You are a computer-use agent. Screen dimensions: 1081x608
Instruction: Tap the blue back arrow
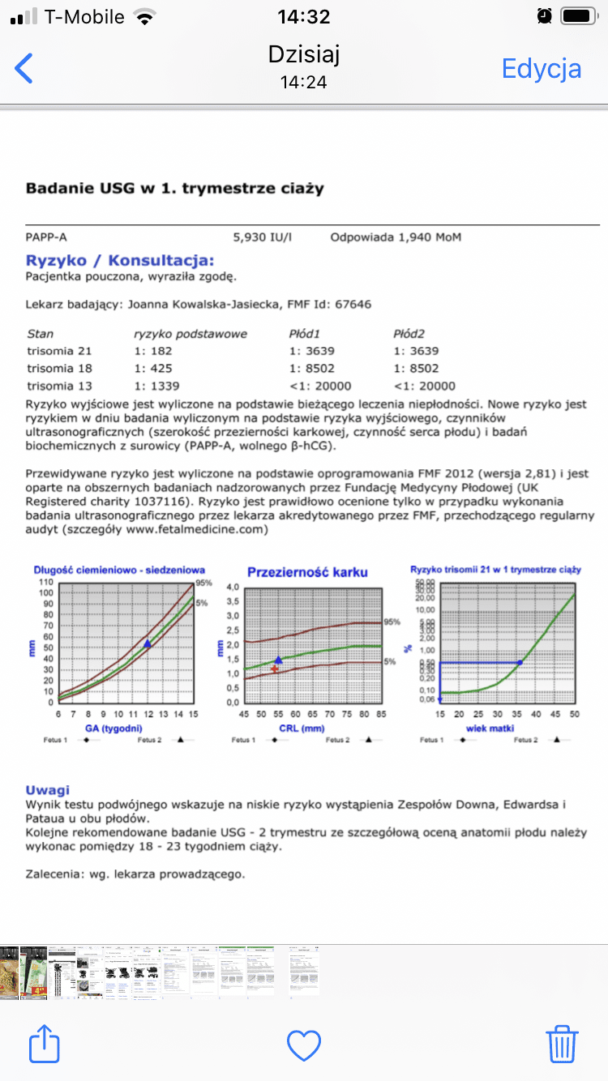pyautogui.click(x=24, y=68)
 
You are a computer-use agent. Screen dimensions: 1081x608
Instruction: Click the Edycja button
pyautogui.click(x=542, y=68)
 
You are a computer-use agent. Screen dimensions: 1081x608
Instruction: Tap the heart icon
pyautogui.click(x=304, y=1045)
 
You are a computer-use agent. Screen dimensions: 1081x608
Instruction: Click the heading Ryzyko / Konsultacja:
pyautogui.click(x=120, y=260)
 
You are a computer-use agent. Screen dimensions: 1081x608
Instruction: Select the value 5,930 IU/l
pyautogui.click(x=263, y=237)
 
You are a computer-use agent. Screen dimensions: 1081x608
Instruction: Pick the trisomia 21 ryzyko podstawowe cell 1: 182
pyautogui.click(x=153, y=351)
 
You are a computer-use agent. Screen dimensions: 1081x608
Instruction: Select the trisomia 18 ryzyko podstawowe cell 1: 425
pyautogui.click(x=153, y=369)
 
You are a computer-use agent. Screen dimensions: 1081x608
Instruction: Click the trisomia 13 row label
pyautogui.click(x=59, y=386)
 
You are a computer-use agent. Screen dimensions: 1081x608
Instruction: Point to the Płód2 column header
pyautogui.click(x=410, y=333)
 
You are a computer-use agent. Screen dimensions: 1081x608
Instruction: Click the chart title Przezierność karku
pyautogui.click(x=307, y=572)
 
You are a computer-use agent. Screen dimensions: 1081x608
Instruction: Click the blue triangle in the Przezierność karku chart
pyautogui.click(x=279, y=660)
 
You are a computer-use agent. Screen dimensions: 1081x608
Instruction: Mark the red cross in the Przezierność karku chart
pyautogui.click(x=275, y=669)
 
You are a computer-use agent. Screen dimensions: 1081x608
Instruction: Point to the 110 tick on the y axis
pyautogui.click(x=45, y=583)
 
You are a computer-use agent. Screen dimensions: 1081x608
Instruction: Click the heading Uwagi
pyautogui.click(x=47, y=789)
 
